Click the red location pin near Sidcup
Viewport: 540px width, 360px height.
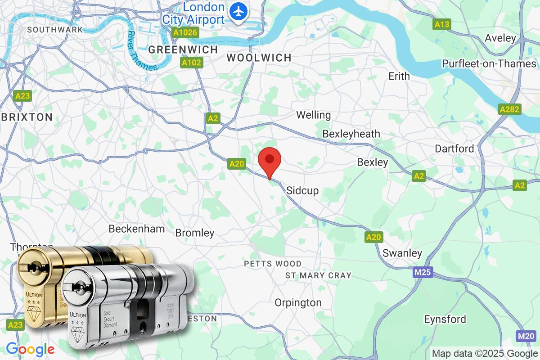click(270, 161)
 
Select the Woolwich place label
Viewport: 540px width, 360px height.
click(259, 58)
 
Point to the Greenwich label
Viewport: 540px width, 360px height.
click(183, 49)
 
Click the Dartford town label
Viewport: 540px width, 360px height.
click(454, 148)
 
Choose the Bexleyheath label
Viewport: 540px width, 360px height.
click(351, 134)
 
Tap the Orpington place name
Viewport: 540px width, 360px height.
click(298, 302)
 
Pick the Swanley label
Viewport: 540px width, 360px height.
click(402, 253)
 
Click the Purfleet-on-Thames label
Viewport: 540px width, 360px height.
click(489, 63)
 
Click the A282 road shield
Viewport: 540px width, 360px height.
click(509, 109)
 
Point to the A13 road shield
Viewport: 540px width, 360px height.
click(442, 25)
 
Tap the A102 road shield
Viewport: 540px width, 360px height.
click(191, 63)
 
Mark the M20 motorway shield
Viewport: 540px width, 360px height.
click(526, 336)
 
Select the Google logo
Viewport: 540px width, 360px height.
click(30, 349)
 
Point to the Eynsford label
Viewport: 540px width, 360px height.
click(445, 319)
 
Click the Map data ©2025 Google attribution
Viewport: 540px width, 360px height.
click(485, 353)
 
